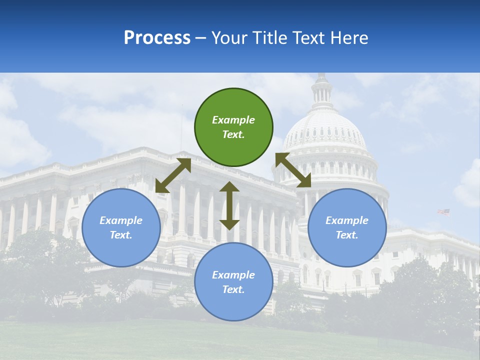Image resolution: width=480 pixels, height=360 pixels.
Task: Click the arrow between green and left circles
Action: click(x=173, y=175)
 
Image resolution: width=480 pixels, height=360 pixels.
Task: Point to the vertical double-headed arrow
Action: click(x=229, y=205)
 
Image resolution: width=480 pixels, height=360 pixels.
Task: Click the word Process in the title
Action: click(x=157, y=37)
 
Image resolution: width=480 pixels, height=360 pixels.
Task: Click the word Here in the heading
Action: click(x=349, y=37)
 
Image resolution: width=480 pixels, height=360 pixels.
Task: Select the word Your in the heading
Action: click(x=229, y=37)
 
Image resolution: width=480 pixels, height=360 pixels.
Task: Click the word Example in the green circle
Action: click(x=233, y=120)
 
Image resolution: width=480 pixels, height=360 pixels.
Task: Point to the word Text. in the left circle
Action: click(x=121, y=235)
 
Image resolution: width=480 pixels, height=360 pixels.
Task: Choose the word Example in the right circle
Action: click(x=347, y=220)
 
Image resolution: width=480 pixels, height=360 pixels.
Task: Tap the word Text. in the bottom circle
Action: click(x=233, y=289)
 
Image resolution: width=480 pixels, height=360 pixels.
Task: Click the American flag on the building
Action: click(x=443, y=212)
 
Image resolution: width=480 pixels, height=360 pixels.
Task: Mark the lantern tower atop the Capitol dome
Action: click(x=321, y=90)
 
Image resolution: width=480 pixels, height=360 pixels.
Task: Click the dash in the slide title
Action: click(x=201, y=38)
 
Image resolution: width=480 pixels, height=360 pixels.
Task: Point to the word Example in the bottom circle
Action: click(x=233, y=275)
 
